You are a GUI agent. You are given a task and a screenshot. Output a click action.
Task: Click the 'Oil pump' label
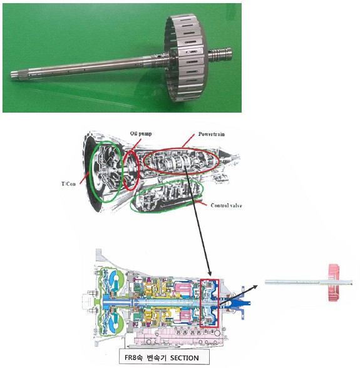pyautogui.click(x=141, y=134)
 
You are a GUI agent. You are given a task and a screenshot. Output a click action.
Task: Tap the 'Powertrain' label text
pyautogui.click(x=212, y=134)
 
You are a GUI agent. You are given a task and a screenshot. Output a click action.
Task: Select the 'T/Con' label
pyautogui.click(x=69, y=184)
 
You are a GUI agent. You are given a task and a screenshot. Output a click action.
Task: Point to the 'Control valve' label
pyautogui.click(x=227, y=205)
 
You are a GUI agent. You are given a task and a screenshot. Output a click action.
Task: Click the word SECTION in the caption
pyautogui.click(x=184, y=358)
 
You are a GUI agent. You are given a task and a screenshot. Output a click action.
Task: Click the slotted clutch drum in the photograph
pyautogui.click(x=186, y=58)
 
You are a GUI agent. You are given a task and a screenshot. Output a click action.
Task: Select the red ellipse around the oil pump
pyautogui.click(x=131, y=171)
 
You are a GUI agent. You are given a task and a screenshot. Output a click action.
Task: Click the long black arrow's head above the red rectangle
pyautogui.click(x=209, y=273)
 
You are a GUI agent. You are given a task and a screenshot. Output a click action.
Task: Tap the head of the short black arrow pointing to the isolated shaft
pyautogui.click(x=255, y=287)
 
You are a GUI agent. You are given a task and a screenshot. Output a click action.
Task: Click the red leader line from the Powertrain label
pyautogui.click(x=188, y=141)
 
